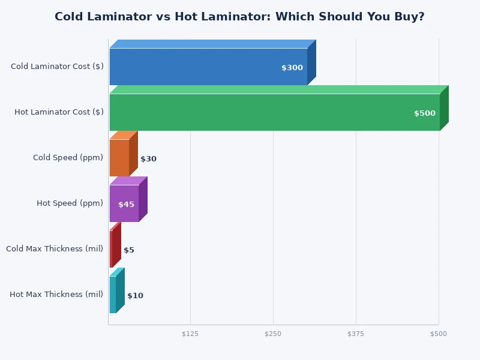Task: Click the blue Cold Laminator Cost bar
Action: pyautogui.click(x=204, y=67)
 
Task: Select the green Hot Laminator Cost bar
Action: pyautogui.click(x=270, y=112)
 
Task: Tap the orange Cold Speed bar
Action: pyautogui.click(x=119, y=158)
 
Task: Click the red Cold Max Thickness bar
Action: pyautogui.click(x=111, y=249)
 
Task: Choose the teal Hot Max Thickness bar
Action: pyautogui.click(x=113, y=295)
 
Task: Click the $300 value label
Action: pyautogui.click(x=292, y=68)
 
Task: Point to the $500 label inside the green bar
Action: pyautogui.click(x=425, y=113)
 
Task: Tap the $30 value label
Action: pyautogui.click(x=148, y=159)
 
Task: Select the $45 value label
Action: pyautogui.click(x=126, y=205)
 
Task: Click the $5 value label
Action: pyautogui.click(x=129, y=250)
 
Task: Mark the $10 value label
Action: pyautogui.click(x=135, y=296)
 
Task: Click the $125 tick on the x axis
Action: pyautogui.click(x=190, y=334)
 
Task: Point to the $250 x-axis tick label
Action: pyautogui.click(x=273, y=334)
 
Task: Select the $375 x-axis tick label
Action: pyautogui.click(x=356, y=334)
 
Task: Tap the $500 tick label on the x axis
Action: pyautogui.click(x=439, y=334)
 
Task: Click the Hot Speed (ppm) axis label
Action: pyautogui.click(x=70, y=203)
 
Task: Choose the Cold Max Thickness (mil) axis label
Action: pyautogui.click(x=55, y=249)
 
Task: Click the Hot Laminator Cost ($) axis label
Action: pyautogui.click(x=59, y=112)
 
